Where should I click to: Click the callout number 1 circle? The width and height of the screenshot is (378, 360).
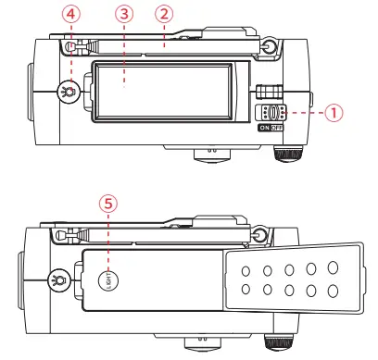pos(334,112)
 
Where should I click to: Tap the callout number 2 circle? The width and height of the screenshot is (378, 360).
pos(164,14)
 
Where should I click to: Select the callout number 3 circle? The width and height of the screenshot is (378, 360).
pos(124,14)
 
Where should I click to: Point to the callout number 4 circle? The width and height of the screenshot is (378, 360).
pos(71,14)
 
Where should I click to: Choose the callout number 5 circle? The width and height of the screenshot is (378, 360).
pos(108,204)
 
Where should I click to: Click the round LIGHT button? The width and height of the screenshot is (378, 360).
pos(108,280)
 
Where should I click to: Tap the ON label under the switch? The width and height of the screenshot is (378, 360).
pos(265,128)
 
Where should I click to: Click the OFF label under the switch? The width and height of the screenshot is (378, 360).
pos(276,128)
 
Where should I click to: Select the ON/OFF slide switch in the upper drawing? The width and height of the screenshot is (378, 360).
pos(271,113)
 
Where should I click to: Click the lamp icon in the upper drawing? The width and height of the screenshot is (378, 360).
pos(69,92)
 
